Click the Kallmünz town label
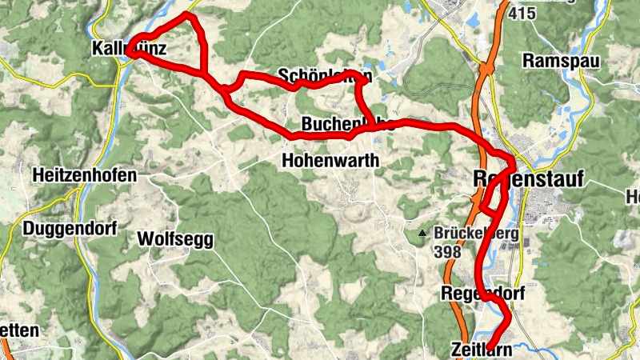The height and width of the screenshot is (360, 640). pyautogui.click(x=129, y=50)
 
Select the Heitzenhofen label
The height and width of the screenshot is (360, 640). pyautogui.click(x=84, y=175)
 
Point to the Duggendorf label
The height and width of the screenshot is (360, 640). pyautogui.click(x=70, y=229)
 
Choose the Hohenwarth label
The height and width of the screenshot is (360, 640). pyautogui.click(x=330, y=160)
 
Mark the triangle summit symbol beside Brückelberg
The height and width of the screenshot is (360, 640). pyautogui.click(x=422, y=234)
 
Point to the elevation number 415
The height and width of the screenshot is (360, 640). pyautogui.click(x=521, y=13)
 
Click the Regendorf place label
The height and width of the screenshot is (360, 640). pyautogui.click(x=483, y=294)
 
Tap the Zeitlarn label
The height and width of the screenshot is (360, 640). pyautogui.click(x=480, y=349)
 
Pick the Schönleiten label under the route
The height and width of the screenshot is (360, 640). pyautogui.click(x=325, y=76)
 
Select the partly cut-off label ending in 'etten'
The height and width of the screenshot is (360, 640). pyautogui.click(x=18, y=330)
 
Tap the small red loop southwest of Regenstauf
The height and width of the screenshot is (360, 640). pyautogui.click(x=490, y=198)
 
